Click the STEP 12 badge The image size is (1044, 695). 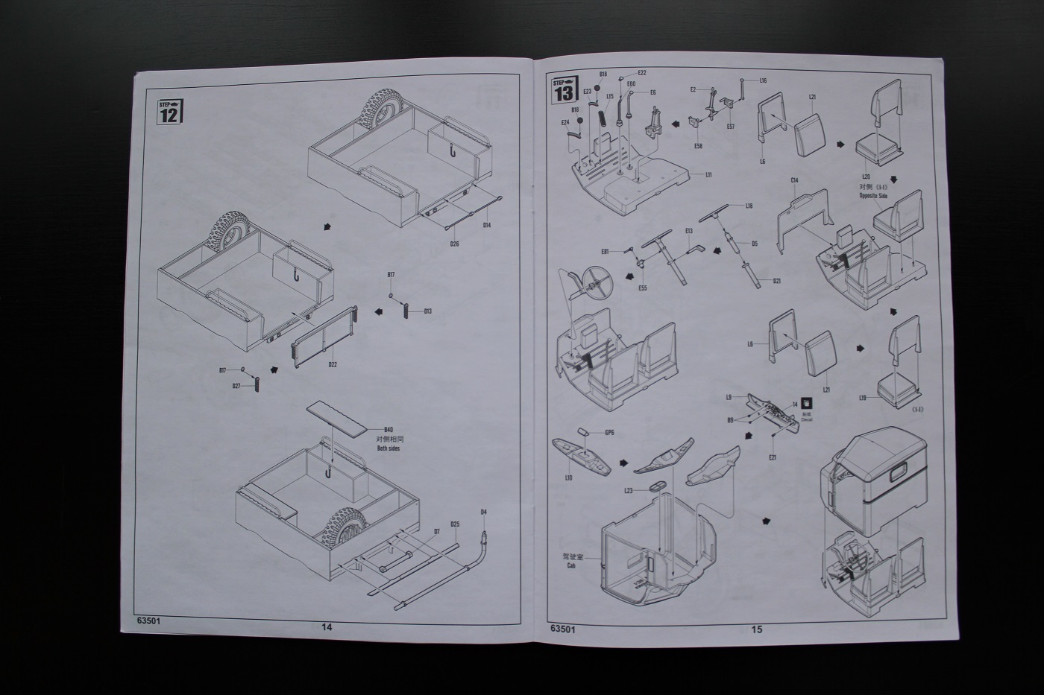click(x=170, y=111)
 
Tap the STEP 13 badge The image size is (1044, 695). click(x=565, y=89)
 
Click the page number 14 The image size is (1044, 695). click(x=326, y=626)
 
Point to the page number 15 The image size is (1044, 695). click(x=757, y=629)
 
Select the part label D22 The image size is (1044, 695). click(x=333, y=364)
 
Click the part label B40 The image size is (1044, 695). click(x=387, y=430)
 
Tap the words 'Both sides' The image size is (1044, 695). click(x=388, y=448)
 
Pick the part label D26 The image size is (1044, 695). click(x=454, y=243)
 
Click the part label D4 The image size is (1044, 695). click(x=483, y=512)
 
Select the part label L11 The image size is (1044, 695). click(x=708, y=174)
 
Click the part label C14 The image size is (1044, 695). click(x=794, y=180)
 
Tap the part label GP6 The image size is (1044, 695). click(x=609, y=432)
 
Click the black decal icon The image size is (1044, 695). click(x=806, y=403)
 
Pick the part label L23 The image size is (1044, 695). click(x=628, y=490)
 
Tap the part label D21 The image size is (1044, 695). click(x=776, y=281)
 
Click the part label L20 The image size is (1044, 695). click(x=865, y=175)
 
